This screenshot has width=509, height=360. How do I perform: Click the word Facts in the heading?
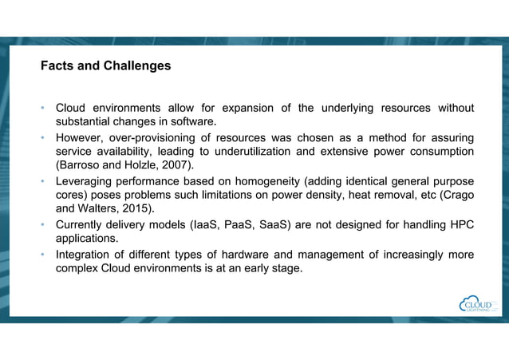(x=57, y=66)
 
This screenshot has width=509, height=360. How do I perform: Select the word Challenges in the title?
(x=136, y=66)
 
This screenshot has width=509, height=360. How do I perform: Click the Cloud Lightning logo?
(x=477, y=304)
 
